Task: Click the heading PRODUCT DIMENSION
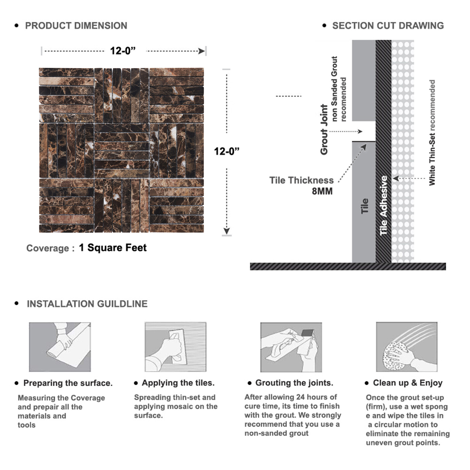coord(76,26)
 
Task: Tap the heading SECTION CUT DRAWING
coord(388,26)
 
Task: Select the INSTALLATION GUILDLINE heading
coord(87,304)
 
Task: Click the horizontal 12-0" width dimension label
coord(123,51)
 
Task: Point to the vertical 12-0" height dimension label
coord(226,151)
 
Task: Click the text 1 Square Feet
coord(113,248)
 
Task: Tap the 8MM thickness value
coord(322,191)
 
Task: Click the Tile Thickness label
coord(301,180)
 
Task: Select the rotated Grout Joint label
coord(324,130)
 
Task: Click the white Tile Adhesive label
coord(383,206)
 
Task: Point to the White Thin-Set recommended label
coord(432,132)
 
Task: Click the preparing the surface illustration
coord(60,347)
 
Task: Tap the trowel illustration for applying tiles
coord(175,347)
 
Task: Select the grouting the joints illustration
coord(291,347)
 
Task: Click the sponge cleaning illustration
coord(407,347)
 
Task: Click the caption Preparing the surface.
coord(68,383)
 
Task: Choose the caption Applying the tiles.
coord(178,383)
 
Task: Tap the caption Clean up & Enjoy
coord(408,383)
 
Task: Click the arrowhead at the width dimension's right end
coord(202,51)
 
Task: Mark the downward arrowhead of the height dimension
coord(226,231)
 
